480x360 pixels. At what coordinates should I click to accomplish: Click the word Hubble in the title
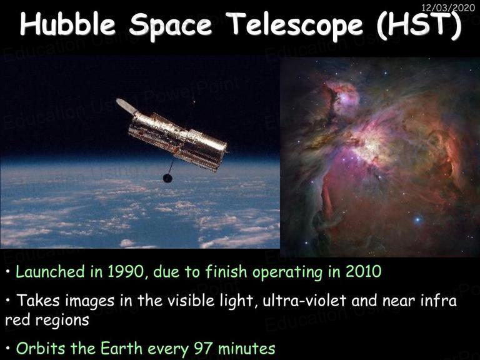(67, 24)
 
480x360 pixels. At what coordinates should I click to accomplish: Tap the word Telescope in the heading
(296, 26)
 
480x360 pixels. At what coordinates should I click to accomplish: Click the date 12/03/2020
(448, 7)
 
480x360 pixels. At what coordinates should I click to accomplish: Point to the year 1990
(126, 271)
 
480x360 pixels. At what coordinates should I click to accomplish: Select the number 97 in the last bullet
(204, 348)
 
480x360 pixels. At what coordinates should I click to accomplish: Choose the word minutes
(247, 348)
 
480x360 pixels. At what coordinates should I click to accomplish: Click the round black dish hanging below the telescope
(167, 178)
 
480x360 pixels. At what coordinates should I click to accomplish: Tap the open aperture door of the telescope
(126, 106)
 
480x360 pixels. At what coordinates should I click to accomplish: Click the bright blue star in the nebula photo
(417, 219)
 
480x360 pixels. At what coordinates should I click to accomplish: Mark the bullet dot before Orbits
(8, 349)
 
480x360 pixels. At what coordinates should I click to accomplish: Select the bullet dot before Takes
(8, 301)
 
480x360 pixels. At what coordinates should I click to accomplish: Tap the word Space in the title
(170, 26)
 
